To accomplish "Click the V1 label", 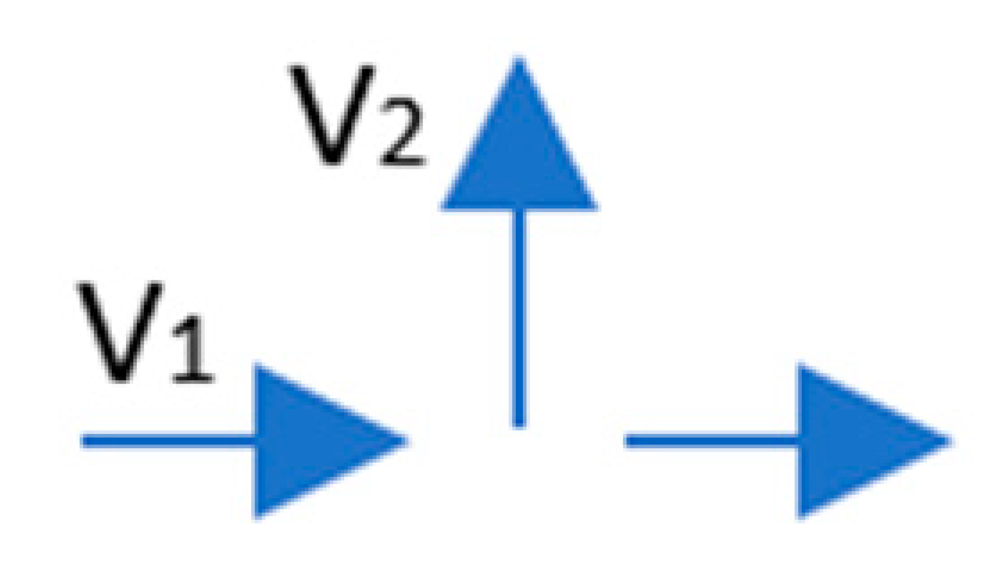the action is click(x=145, y=333).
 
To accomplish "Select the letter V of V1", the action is click(x=121, y=331).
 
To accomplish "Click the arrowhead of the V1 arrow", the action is click(x=313, y=440).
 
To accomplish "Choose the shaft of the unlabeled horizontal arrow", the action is click(x=711, y=441).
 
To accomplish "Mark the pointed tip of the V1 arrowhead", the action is click(x=406, y=441).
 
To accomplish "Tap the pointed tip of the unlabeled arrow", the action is click(x=950, y=441).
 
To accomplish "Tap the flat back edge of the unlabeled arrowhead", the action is click(x=801, y=483).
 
